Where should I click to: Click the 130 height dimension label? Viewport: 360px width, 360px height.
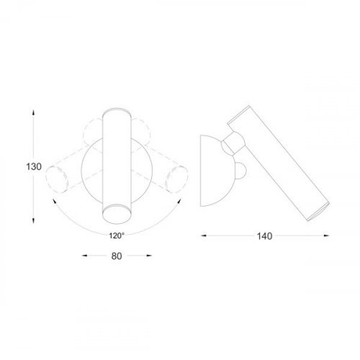(x=32, y=166)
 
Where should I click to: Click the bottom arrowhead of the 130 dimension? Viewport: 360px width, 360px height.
(x=32, y=217)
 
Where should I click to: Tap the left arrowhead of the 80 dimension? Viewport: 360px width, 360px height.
(x=86, y=255)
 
